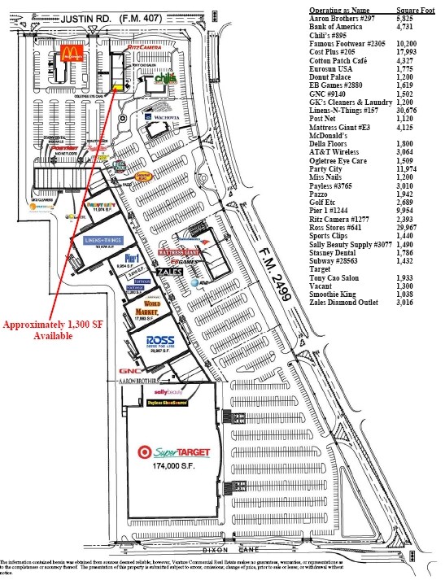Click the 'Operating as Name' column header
pyautogui.click(x=340, y=7)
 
